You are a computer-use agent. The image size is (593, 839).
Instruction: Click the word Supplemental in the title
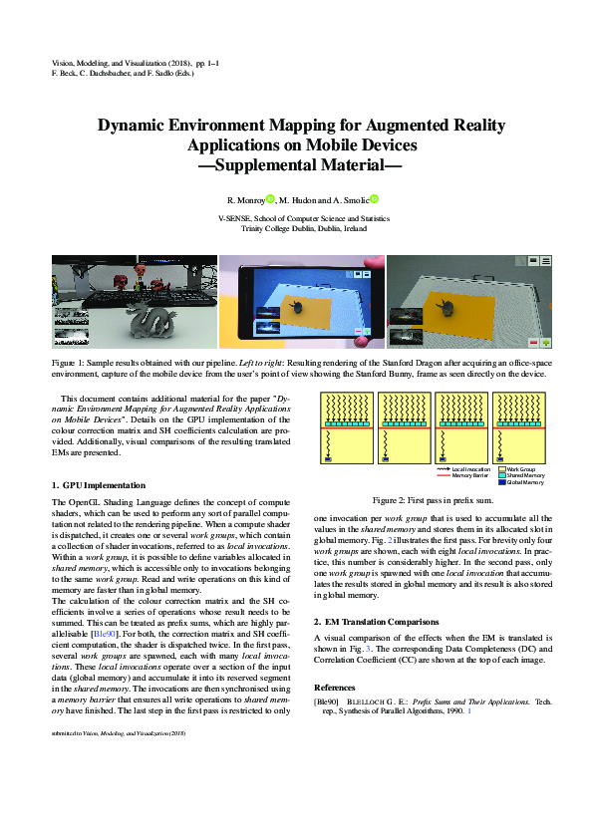click(273, 165)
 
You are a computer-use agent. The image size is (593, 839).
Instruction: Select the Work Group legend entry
click(519, 468)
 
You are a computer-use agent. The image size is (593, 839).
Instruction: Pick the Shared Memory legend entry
click(524, 475)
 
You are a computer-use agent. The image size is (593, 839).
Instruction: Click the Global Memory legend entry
click(524, 482)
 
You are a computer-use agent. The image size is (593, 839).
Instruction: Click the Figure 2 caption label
click(389, 498)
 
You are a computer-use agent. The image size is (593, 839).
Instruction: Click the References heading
click(334, 688)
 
